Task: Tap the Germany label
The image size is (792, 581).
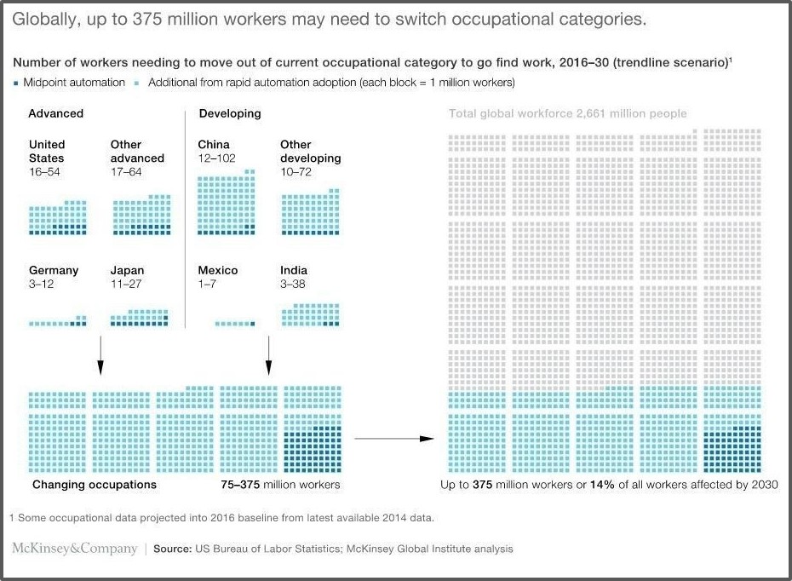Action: tap(54, 270)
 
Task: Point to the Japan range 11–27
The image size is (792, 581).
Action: tap(125, 284)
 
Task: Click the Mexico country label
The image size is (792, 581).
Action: tap(218, 270)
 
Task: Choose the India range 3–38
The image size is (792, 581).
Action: tap(293, 284)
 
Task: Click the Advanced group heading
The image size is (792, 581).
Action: tap(55, 113)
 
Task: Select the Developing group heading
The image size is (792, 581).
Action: tap(230, 113)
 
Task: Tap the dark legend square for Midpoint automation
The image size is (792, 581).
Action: tap(15, 83)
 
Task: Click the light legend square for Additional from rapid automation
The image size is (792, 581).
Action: tap(139, 83)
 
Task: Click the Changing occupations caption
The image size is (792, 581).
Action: tap(95, 485)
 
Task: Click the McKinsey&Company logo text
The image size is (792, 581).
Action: tap(75, 549)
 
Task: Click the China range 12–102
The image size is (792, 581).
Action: tap(217, 158)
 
